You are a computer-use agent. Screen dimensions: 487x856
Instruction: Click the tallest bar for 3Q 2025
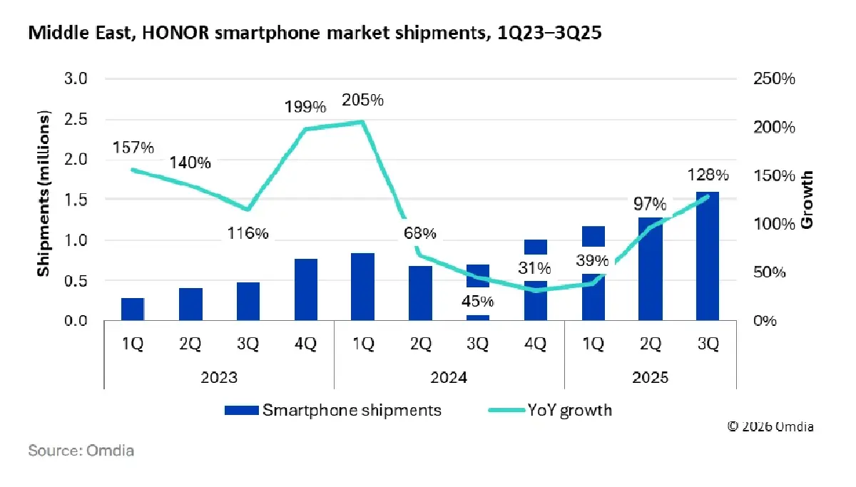(x=708, y=257)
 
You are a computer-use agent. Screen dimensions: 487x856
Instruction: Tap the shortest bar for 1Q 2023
(x=133, y=309)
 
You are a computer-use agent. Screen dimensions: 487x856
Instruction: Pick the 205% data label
(x=362, y=101)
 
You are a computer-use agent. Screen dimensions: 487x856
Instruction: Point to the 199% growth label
(x=305, y=108)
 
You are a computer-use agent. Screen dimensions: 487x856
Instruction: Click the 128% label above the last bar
(x=708, y=175)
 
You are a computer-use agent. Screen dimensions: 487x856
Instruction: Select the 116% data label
(x=248, y=233)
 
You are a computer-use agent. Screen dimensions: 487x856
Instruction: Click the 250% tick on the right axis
(x=774, y=78)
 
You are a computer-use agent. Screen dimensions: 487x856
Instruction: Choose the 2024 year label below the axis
(x=449, y=377)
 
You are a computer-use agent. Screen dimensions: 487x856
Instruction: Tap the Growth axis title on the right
(x=807, y=200)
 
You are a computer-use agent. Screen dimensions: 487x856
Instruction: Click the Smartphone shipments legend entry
(x=333, y=410)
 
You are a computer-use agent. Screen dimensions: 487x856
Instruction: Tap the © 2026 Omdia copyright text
(x=770, y=426)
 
